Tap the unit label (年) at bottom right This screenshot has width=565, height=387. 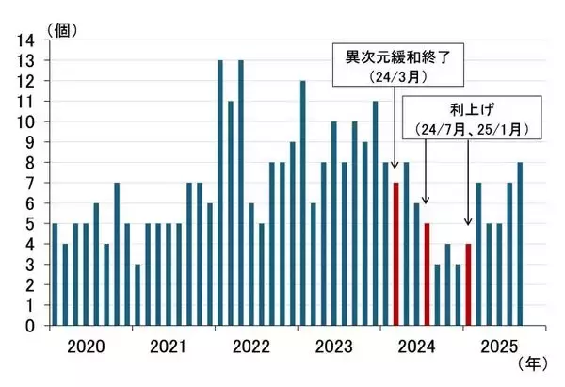(532, 362)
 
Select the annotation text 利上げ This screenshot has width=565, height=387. (459, 108)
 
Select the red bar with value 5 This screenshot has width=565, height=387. (427, 274)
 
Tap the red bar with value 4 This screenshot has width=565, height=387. (468, 284)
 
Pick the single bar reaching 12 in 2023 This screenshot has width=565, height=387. (303, 202)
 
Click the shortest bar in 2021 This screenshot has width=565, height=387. (137, 295)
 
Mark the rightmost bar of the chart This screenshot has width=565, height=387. (520, 244)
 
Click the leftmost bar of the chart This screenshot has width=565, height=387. (55, 274)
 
